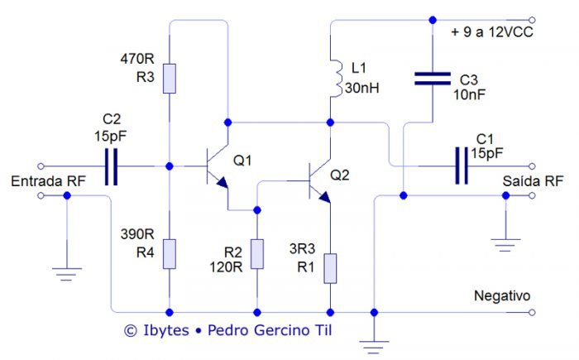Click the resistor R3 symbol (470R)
169,77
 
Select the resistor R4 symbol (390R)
169,252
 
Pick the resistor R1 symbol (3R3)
330,268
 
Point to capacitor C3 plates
432,80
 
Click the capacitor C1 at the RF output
461,165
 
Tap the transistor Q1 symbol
217,166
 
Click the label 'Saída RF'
533,180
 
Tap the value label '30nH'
361,87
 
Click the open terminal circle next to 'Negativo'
533,312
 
